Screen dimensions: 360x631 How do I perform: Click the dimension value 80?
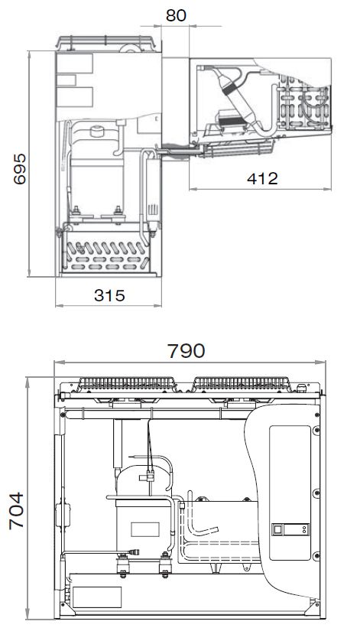[177, 15]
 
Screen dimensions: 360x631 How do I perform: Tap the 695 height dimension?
[20, 168]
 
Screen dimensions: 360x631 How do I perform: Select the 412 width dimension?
[262, 178]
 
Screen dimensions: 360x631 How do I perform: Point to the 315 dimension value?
[109, 296]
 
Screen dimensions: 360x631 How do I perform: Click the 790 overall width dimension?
[186, 351]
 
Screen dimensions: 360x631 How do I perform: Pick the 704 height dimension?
[17, 511]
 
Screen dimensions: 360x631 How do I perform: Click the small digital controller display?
[290, 529]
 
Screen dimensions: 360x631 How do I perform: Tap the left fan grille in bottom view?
[126, 383]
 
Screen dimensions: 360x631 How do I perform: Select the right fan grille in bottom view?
[242, 383]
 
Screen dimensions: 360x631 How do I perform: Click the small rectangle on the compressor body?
[144, 529]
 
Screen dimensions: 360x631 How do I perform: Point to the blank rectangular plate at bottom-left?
[97, 597]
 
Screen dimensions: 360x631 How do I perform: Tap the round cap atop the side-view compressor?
[97, 132]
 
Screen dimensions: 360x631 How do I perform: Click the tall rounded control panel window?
[290, 493]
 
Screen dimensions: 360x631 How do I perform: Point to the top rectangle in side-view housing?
[75, 63]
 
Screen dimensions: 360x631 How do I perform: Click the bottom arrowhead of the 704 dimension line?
[28, 613]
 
